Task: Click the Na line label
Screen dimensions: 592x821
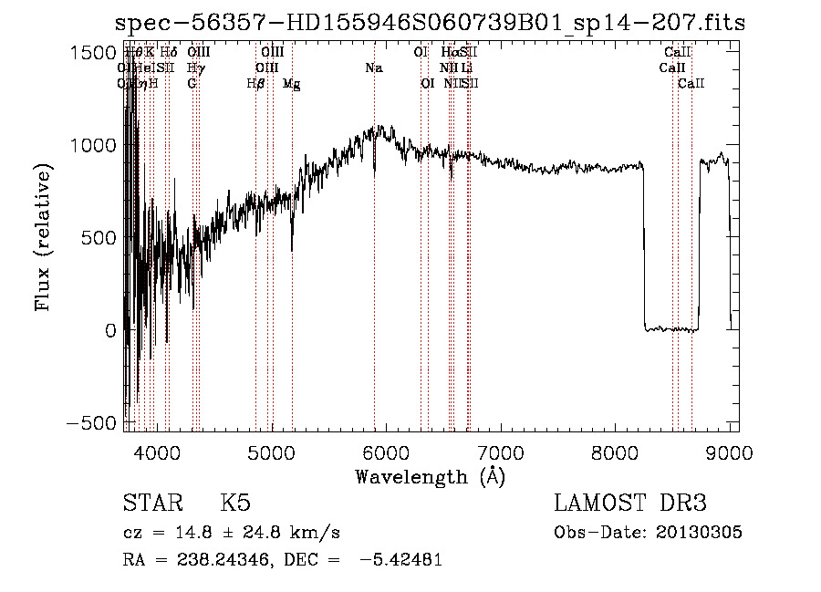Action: click(x=373, y=68)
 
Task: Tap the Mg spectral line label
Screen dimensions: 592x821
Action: click(x=291, y=84)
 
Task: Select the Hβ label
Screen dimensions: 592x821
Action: click(x=255, y=83)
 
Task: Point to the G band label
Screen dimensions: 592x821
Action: click(x=192, y=83)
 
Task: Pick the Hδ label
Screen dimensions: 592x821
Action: click(x=169, y=53)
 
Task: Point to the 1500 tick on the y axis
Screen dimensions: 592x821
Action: click(x=91, y=54)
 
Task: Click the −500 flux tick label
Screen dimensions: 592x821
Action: click(x=91, y=424)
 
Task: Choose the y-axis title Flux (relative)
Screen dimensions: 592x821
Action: click(x=44, y=237)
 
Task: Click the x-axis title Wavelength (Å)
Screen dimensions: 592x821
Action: click(x=430, y=476)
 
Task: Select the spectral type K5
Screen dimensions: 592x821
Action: click(x=235, y=504)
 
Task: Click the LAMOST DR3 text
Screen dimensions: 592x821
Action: click(x=629, y=504)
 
